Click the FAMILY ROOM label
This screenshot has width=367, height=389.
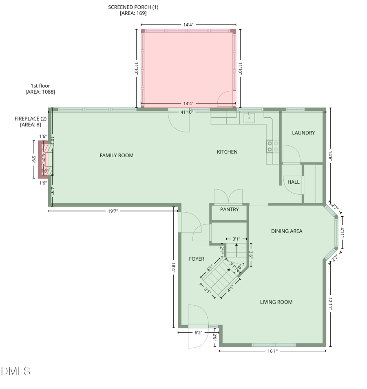tap(117, 155)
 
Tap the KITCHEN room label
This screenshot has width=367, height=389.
tap(227, 152)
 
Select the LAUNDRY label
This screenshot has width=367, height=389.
tap(303, 133)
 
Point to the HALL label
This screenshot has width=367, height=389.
tap(294, 182)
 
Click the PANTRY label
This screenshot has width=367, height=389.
tap(229, 209)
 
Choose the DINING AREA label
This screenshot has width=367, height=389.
tap(287, 231)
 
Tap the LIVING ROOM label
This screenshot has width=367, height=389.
tap(276, 302)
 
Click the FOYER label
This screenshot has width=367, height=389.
tap(197, 259)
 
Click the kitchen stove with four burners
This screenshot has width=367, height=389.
tap(272, 146)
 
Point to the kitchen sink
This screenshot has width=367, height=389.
tap(249, 118)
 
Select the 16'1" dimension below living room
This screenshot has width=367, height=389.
tap(272, 351)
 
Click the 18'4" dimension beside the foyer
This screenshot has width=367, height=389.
tap(174, 267)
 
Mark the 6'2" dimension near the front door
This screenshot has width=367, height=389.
tap(198, 333)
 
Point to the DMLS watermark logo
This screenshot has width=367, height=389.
tap(15, 371)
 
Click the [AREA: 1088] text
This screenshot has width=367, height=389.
tap(40, 92)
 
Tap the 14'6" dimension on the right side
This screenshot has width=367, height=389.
tap(330, 157)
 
